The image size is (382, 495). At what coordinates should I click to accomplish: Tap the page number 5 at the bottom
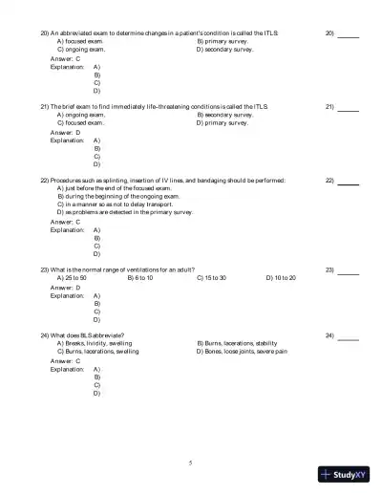tap(190, 462)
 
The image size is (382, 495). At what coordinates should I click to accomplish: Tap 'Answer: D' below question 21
tap(65, 133)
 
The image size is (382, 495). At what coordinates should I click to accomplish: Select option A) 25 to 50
tap(73, 278)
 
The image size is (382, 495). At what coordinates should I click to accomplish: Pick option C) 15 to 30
tap(211, 278)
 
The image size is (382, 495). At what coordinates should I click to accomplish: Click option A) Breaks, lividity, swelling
tap(95, 343)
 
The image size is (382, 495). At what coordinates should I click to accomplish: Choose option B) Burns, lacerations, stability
tap(237, 343)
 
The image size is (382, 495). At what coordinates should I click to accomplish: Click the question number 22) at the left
tap(45, 180)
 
